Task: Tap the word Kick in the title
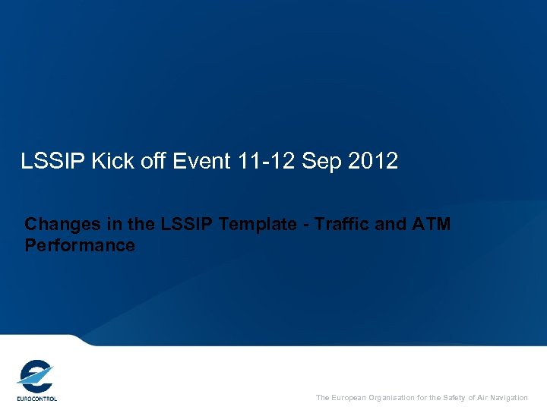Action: (x=106, y=161)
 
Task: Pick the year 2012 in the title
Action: (x=373, y=161)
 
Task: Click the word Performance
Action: (x=80, y=245)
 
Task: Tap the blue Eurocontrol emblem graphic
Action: (x=35, y=375)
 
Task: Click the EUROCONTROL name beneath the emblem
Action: (x=36, y=398)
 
